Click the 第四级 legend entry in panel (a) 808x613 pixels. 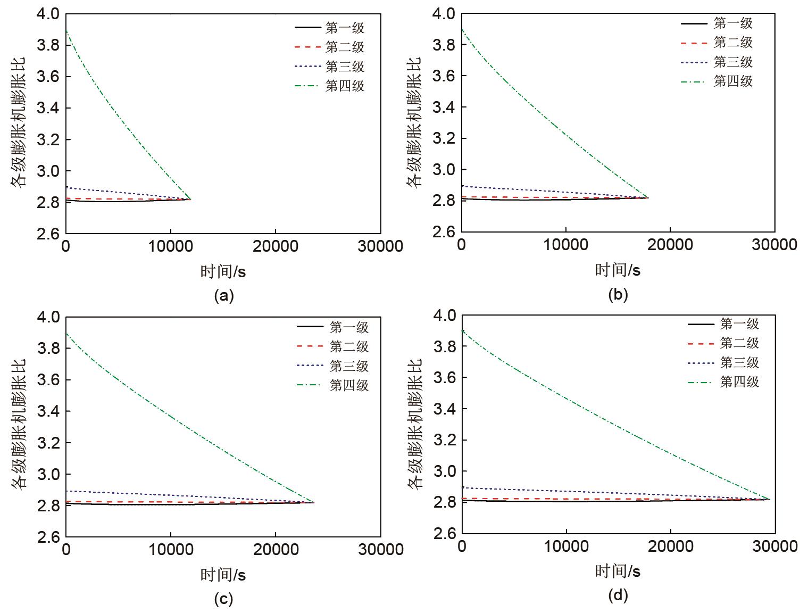344,86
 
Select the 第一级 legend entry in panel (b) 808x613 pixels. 732,23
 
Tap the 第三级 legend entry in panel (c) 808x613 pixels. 348,367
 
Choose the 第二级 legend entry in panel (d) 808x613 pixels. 739,343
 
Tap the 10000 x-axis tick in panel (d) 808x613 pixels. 566,546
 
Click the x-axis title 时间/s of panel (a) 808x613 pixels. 223,271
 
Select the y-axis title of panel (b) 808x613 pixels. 413,122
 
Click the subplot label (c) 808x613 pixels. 223,599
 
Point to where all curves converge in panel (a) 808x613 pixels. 190,199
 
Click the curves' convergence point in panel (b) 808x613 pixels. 647,198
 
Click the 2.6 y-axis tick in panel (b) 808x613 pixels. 444,232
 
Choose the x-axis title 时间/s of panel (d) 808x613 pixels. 618,572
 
